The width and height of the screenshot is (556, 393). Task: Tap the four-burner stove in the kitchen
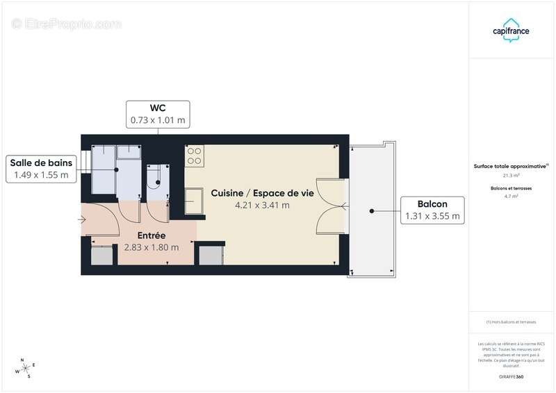194,156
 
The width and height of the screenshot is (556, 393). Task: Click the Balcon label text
432,204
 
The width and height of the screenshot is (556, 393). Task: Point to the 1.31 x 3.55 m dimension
432,217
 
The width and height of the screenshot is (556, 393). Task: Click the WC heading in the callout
158,108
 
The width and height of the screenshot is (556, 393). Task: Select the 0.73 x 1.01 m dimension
158,120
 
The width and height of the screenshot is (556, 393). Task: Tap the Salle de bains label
40,162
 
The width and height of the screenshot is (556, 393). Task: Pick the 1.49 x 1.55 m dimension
40,175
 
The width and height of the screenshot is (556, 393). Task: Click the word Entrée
151,235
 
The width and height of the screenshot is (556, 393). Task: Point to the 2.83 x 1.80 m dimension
151,247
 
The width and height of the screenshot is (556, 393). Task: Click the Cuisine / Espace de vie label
262,193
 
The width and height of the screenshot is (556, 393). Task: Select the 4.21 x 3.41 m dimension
262,205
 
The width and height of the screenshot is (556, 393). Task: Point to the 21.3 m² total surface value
512,176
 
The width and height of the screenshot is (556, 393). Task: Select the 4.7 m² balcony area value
512,196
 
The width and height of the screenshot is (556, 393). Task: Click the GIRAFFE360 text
512,376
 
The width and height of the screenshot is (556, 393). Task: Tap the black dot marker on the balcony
373,210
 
